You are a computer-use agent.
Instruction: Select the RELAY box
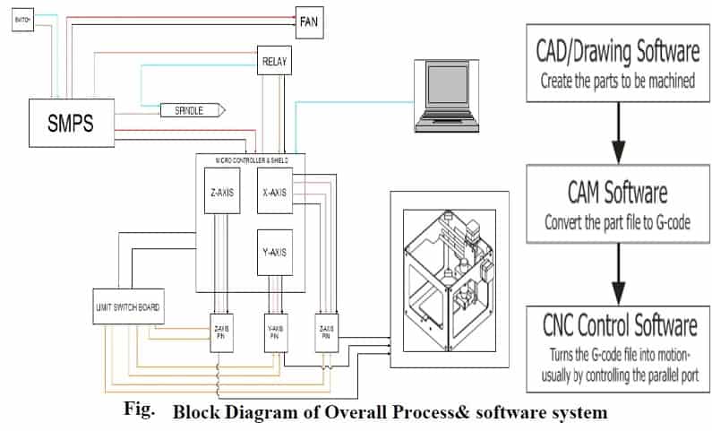pos(274,63)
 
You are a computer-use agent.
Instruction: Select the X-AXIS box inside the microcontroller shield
pos(274,191)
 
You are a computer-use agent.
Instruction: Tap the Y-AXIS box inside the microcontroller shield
pos(273,252)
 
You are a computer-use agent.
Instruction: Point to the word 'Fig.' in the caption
pos(139,410)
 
